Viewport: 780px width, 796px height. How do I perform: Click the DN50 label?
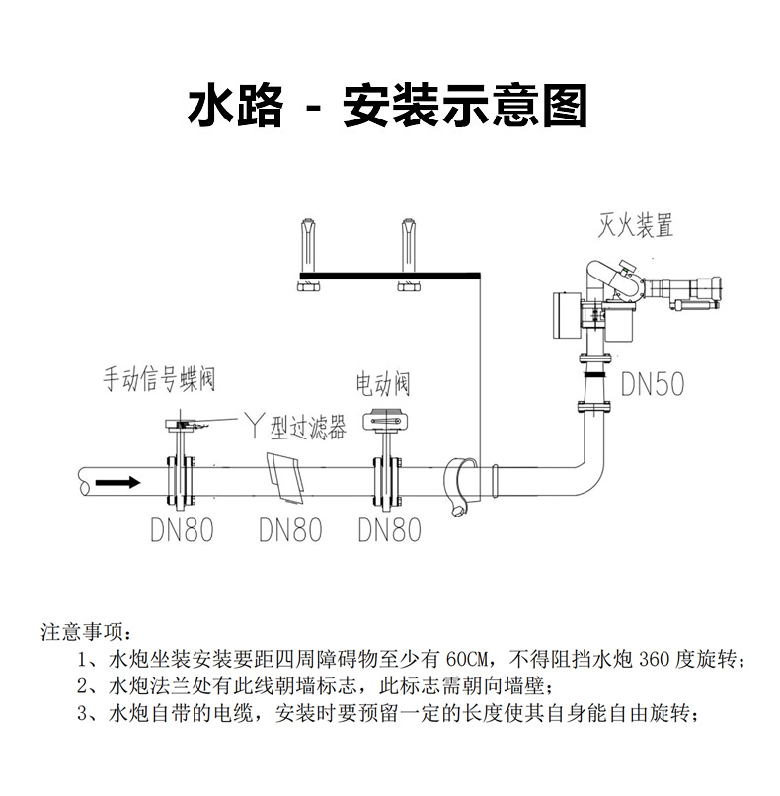pyautogui.click(x=653, y=383)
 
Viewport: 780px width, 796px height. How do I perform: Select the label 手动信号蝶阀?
pyautogui.click(x=160, y=379)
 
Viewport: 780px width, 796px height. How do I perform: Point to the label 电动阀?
pyautogui.click(x=383, y=383)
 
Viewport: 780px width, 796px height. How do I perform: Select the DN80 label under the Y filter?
pyautogui.click(x=290, y=530)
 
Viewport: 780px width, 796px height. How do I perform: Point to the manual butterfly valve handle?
pyautogui.click(x=189, y=424)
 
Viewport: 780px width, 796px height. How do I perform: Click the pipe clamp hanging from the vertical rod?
pyautogui.click(x=459, y=484)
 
